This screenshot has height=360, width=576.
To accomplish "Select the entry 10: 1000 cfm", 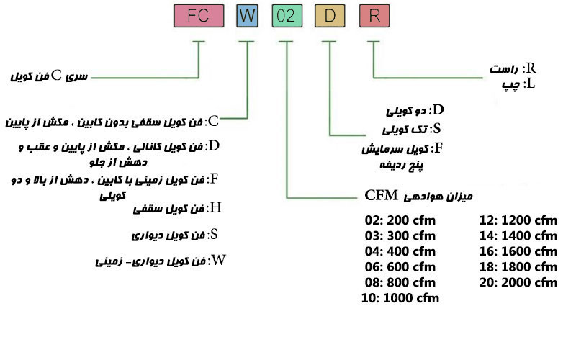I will click(x=402, y=297).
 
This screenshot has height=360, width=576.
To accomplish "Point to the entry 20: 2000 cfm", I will click(x=519, y=282).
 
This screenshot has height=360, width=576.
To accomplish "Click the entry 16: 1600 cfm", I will click(x=519, y=251).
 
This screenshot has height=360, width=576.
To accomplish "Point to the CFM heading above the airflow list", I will click(x=418, y=195).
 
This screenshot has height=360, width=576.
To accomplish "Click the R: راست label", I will click(x=511, y=68).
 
